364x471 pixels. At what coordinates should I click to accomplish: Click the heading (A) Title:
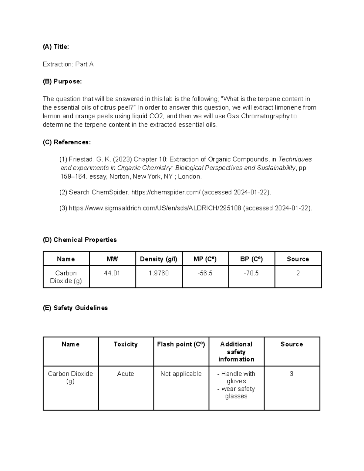56,47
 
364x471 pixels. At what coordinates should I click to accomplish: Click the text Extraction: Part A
68,64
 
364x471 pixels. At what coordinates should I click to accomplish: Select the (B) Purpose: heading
62,82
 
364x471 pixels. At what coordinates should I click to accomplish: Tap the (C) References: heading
67,142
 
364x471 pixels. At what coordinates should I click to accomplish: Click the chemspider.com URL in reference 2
166,192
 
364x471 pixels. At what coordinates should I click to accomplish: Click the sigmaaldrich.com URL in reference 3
155,208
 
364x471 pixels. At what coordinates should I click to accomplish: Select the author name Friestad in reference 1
81,160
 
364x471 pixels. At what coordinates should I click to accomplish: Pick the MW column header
112,259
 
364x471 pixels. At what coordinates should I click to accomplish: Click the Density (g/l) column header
159,259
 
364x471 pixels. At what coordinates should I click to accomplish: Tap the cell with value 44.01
112,273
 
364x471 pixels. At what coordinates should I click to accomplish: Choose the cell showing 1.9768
159,273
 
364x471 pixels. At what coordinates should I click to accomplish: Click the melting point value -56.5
205,273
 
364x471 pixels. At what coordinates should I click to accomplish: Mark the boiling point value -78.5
251,273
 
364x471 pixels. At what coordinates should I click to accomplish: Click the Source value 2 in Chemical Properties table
298,273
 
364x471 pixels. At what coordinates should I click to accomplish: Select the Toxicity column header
126,344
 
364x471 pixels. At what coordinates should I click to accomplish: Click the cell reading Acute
126,374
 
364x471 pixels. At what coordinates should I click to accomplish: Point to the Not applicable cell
181,374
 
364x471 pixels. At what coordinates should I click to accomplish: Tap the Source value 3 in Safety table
292,374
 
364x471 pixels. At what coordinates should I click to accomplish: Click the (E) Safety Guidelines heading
75,308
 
